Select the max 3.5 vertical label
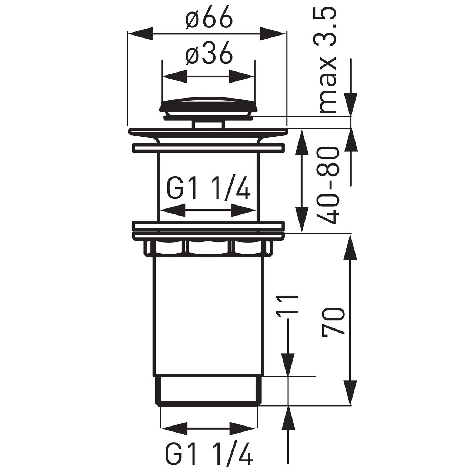pyautogui.click(x=327, y=60)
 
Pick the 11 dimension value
pyautogui.click(x=287, y=304)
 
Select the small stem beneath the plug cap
pyautogui.click(x=208, y=124)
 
